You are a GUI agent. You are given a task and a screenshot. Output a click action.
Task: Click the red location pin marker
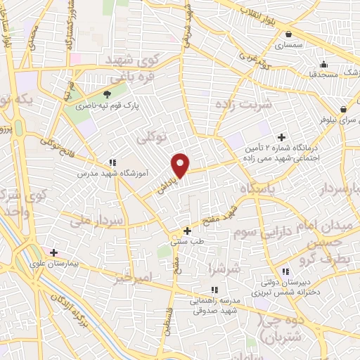point(181,165)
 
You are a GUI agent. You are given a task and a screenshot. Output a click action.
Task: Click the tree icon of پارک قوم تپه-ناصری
point(107,94)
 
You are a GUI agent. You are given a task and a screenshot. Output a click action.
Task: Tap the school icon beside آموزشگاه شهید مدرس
point(112,162)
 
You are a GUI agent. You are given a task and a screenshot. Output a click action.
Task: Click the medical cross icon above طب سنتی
point(187,231)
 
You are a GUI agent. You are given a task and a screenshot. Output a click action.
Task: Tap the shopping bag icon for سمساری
point(289,33)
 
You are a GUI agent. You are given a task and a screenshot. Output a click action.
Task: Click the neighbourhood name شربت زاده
point(254,105)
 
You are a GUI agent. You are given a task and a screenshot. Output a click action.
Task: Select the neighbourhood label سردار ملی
point(98,221)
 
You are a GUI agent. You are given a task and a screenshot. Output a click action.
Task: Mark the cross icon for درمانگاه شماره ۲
point(282,137)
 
